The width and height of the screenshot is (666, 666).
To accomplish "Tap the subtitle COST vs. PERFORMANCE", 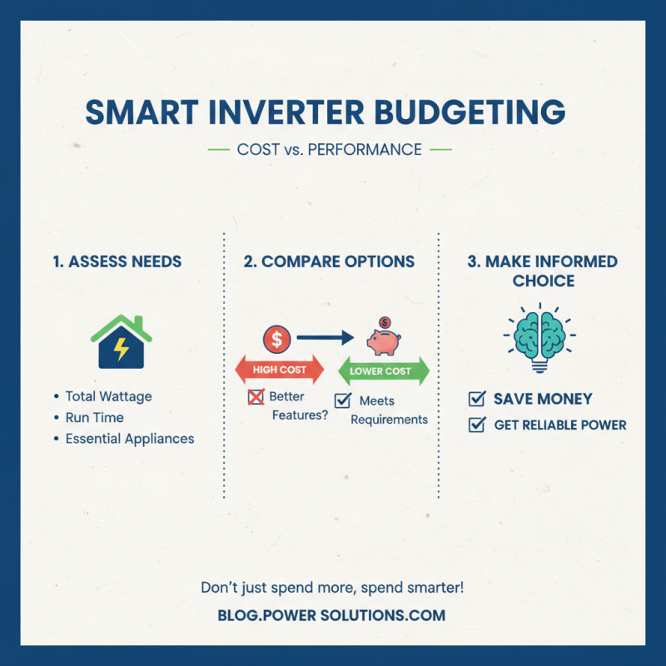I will (x=329, y=151).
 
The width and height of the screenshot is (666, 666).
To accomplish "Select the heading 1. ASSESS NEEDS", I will (x=117, y=261).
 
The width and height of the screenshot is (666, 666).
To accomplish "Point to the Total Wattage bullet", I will (x=108, y=397).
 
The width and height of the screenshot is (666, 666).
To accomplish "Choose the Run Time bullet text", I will (x=94, y=418).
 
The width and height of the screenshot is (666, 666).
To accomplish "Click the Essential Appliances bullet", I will (x=129, y=439).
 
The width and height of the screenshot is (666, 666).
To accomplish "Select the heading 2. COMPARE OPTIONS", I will (x=329, y=261).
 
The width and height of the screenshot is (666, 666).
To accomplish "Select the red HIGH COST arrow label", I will (x=280, y=370).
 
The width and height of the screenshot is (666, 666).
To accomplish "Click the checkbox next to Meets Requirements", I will (x=342, y=401).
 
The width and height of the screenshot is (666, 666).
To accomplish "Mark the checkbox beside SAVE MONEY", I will (x=477, y=399).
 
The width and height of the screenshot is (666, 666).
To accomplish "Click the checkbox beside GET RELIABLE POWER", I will (x=477, y=425).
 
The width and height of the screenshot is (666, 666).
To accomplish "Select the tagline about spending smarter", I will (x=332, y=588).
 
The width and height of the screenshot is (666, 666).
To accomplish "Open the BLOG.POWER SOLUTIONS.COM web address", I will (x=332, y=616).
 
